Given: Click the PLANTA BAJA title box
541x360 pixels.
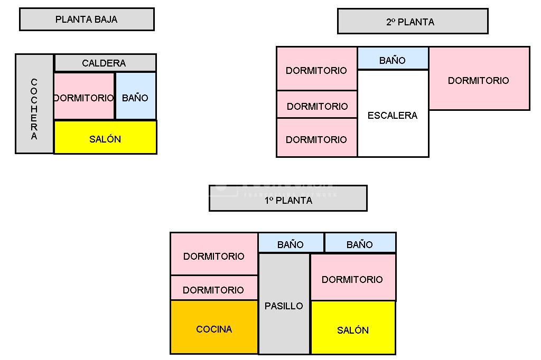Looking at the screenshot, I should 87,20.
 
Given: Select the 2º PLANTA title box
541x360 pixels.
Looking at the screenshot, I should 412,22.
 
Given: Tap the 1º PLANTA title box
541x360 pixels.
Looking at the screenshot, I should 288,198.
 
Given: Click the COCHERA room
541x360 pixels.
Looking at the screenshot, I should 34,104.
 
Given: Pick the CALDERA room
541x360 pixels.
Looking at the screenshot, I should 105,63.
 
